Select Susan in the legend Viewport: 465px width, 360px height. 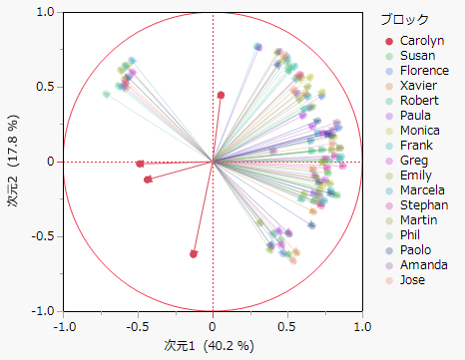417,56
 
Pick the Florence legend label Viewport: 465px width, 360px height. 423,71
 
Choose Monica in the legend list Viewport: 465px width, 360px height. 420,131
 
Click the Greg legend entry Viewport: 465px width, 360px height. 414,161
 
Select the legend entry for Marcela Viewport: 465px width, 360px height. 422,190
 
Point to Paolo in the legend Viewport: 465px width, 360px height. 416,250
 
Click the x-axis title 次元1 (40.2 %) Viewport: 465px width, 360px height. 213,346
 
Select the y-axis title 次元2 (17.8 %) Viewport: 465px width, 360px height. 14,162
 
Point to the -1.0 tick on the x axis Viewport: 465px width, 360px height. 64,325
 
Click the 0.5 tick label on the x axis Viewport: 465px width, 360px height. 287,325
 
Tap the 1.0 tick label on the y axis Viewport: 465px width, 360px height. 44,12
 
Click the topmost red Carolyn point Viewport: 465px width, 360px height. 222,95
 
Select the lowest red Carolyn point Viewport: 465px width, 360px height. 194,253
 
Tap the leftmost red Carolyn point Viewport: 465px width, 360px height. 140,164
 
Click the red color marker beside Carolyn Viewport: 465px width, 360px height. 388,41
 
